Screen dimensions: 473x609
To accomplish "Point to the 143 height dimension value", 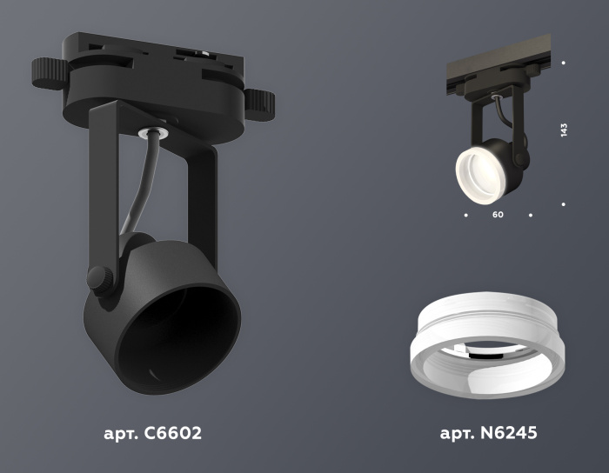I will coord(565,131).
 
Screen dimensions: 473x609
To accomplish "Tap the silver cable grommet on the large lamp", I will coord(157,132).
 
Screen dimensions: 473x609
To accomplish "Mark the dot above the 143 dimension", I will coord(565,63).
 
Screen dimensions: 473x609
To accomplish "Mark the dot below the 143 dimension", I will coord(565,204).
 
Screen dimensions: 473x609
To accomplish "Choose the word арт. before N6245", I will coord(455,433).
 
